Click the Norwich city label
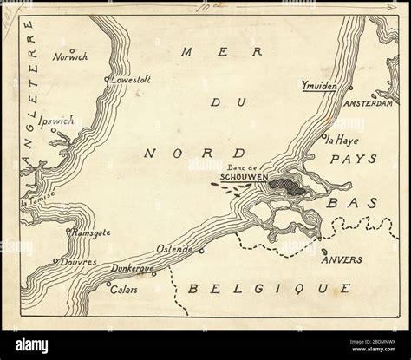pyautogui.click(x=70, y=59)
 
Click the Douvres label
pyautogui.click(x=76, y=261)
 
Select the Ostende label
pyautogui.click(x=173, y=248)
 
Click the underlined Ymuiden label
pyautogui.click(x=321, y=87)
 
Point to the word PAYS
pyautogui.click(x=353, y=160)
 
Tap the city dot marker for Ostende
pyautogui.click(x=201, y=252)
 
